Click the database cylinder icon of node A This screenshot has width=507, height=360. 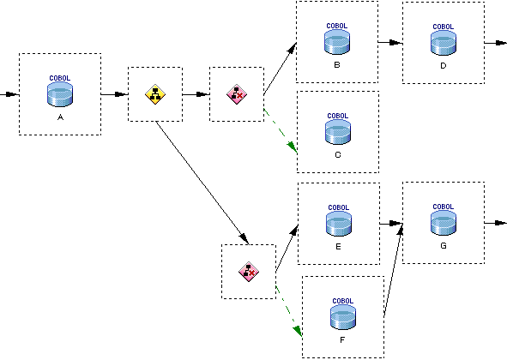tap(60, 94)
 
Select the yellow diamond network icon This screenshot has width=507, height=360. tap(155, 94)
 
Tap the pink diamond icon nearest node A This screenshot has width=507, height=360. tap(237, 94)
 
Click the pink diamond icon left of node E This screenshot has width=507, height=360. tap(249, 272)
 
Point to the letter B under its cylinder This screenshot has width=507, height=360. tap(337, 65)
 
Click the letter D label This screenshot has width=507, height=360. tap(444, 66)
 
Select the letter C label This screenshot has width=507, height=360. tap(338, 155)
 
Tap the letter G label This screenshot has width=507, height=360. tap(444, 246)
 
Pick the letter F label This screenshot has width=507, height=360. tap(342, 340)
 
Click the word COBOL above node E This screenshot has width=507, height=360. tap(339, 207)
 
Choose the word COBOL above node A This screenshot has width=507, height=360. tap(60, 78)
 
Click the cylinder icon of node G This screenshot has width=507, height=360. tap(444, 223)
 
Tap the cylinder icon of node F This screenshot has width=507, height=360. tap(343, 317)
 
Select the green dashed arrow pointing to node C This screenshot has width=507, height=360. tap(281, 131)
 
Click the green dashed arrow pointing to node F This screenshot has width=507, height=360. tap(289, 311)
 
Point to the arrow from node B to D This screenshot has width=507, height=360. tap(390, 42)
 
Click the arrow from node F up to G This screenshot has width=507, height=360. tap(394, 270)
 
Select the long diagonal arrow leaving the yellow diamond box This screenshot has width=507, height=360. tap(202, 183)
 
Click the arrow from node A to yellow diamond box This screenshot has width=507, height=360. tap(114, 94)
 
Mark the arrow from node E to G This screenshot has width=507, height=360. tap(391, 224)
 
